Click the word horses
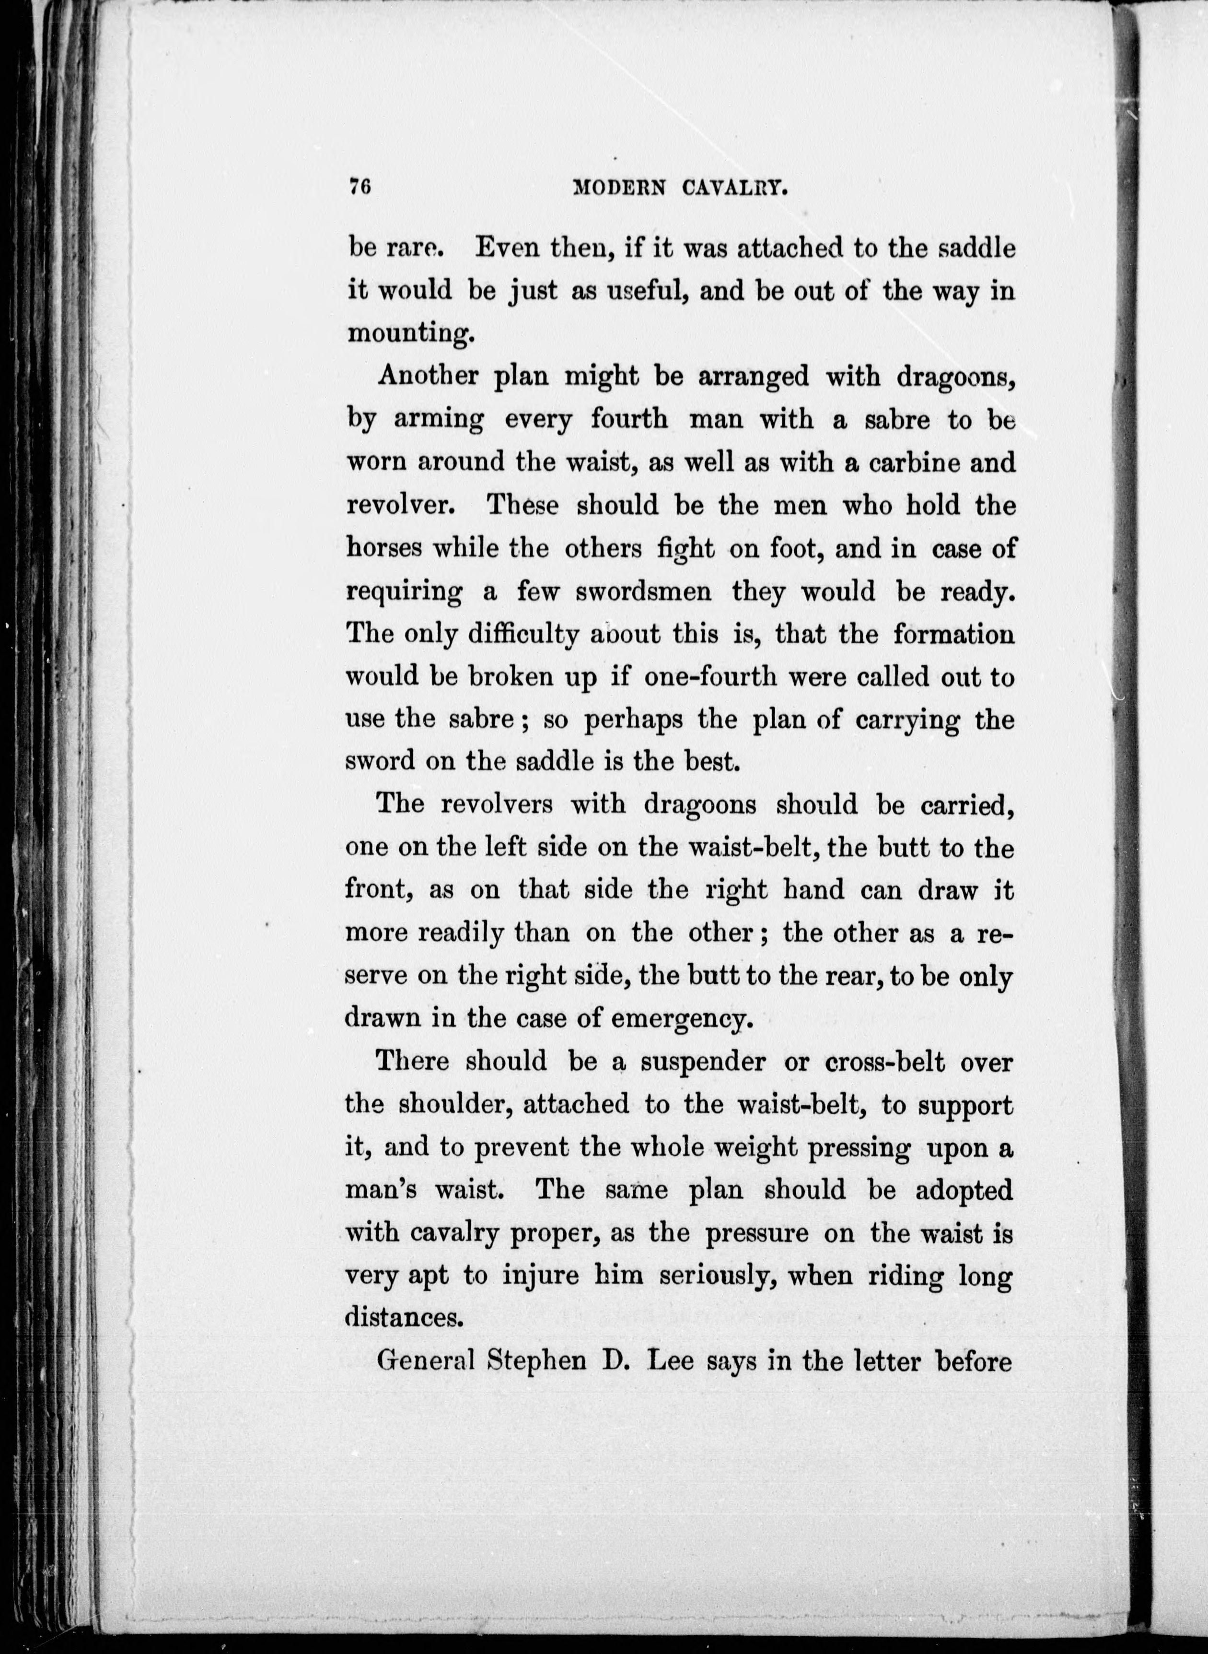[383, 549]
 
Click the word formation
[953, 634]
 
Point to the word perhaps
[633, 721]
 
